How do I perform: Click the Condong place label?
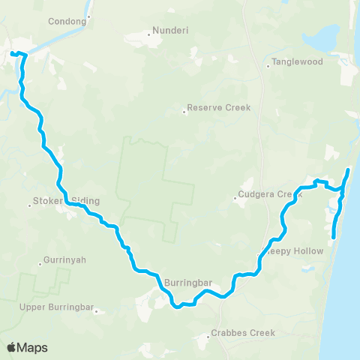67,22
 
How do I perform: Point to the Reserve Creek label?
219,108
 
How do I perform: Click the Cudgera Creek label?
268,195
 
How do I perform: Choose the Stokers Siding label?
66,201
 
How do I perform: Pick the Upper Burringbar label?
57,307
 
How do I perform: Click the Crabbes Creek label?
243,332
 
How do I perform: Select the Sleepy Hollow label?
295,251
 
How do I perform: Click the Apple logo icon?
12,347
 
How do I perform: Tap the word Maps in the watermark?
33,348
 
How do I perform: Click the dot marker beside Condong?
88,16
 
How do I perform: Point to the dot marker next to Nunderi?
148,33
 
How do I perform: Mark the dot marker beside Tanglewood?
268,66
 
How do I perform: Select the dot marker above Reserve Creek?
184,113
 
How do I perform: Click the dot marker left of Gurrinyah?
40,263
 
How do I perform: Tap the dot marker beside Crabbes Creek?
208,337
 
